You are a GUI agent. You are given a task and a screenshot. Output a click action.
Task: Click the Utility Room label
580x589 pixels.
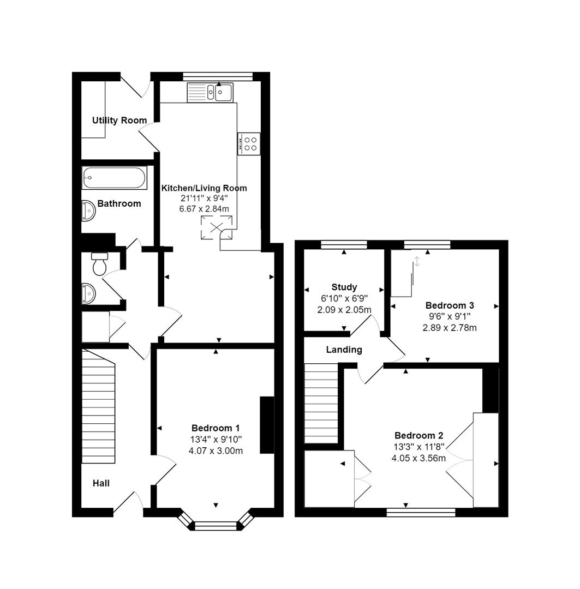click(119, 121)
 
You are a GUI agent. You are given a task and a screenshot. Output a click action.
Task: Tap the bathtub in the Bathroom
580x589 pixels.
click(114, 178)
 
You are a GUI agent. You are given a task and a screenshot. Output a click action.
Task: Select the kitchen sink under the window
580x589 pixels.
click(210, 92)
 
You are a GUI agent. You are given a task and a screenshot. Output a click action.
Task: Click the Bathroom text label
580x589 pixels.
click(119, 203)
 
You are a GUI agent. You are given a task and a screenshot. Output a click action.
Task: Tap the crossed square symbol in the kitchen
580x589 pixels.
click(217, 228)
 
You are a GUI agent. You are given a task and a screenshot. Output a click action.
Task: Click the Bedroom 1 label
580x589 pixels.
click(215, 428)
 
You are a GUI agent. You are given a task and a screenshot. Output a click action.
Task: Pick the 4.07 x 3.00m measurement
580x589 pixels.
click(215, 450)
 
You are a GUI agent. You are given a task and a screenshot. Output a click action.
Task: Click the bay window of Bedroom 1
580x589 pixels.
click(216, 525)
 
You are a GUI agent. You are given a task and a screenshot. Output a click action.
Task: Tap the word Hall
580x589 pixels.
click(100, 483)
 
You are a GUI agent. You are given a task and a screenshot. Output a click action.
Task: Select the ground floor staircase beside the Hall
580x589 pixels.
click(99, 406)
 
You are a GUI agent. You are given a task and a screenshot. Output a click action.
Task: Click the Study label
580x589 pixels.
click(344, 287)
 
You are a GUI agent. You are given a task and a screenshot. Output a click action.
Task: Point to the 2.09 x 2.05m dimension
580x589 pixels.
click(344, 310)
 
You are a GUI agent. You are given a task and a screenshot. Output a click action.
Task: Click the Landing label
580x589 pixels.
click(344, 350)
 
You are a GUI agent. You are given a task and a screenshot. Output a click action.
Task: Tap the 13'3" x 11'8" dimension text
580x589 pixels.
click(419, 447)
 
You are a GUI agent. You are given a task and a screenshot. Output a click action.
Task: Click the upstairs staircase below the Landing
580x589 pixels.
click(321, 404)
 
